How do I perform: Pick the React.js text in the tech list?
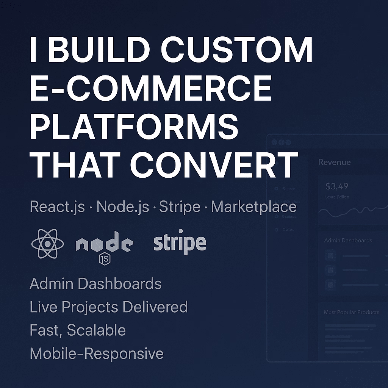point(57,207)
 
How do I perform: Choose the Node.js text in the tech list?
point(123,207)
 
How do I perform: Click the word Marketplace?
point(253,207)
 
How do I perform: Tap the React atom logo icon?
point(46,244)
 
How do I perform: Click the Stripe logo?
point(180,242)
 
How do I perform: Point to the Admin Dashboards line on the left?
point(95,284)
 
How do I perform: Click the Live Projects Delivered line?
point(109,307)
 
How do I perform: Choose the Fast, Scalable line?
point(78,330)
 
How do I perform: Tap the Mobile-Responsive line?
point(97,354)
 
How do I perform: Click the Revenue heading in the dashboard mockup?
point(334,162)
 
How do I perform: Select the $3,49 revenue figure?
point(337,186)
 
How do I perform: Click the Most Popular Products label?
point(351,312)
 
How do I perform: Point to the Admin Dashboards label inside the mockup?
point(348,240)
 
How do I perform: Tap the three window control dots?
point(281,142)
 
